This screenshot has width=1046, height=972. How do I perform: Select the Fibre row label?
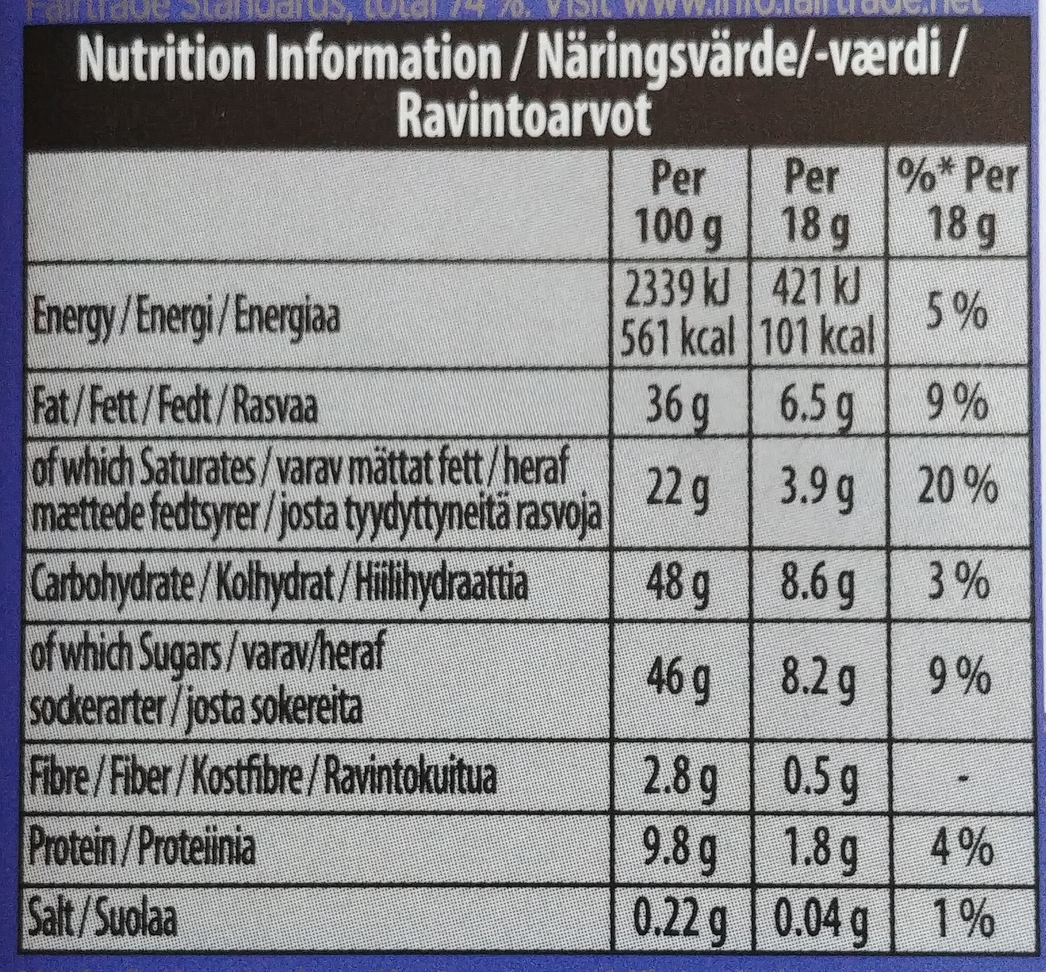(263, 779)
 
